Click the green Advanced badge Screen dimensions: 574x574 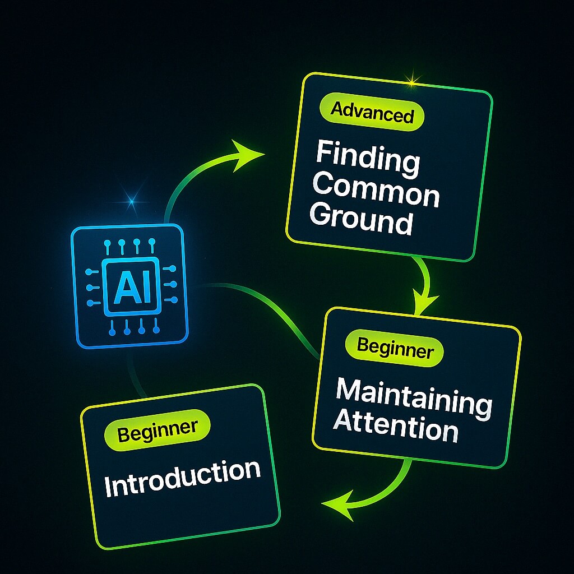pos(372,114)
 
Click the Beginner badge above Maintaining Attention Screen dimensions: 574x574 pos(395,350)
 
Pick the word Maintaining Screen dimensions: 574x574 pos(414,396)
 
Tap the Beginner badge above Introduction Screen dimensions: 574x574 pos(158,429)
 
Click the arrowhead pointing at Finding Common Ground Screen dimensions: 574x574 pos(247,155)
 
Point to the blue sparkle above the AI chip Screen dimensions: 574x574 pos(132,200)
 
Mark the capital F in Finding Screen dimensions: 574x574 pos(323,153)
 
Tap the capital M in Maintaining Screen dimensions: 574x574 pos(348,391)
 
